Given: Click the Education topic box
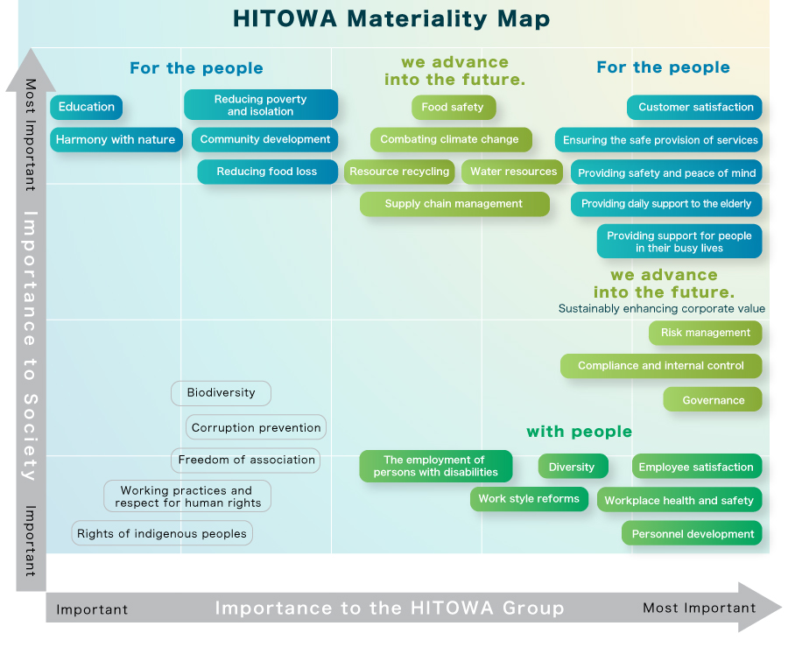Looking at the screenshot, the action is [x=87, y=107].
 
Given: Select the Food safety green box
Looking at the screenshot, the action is [x=454, y=107].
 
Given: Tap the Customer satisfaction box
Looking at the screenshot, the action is [x=694, y=107].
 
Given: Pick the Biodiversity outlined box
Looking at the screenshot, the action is [x=222, y=393].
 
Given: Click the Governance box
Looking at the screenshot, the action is [x=713, y=400].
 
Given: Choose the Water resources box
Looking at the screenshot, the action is [x=512, y=172].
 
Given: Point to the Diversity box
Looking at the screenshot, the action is [x=573, y=467].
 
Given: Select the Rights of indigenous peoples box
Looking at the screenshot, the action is [x=162, y=533].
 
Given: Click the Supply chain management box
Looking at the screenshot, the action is [x=454, y=204].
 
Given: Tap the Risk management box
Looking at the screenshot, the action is [x=706, y=333].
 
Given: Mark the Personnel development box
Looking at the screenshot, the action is [x=692, y=533].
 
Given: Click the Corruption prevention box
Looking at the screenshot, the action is [x=256, y=427].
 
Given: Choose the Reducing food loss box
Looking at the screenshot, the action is [x=267, y=172].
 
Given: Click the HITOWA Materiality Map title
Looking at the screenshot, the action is [x=391, y=19].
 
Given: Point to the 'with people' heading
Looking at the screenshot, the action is [x=579, y=432].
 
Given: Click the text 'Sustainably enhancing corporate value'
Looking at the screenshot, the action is [x=662, y=308].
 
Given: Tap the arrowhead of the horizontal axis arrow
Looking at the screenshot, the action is [x=760, y=608].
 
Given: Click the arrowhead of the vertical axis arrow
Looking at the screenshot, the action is [x=32, y=70].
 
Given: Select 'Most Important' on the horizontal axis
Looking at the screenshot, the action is [x=700, y=608].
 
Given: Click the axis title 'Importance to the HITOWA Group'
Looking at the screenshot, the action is [x=390, y=608].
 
